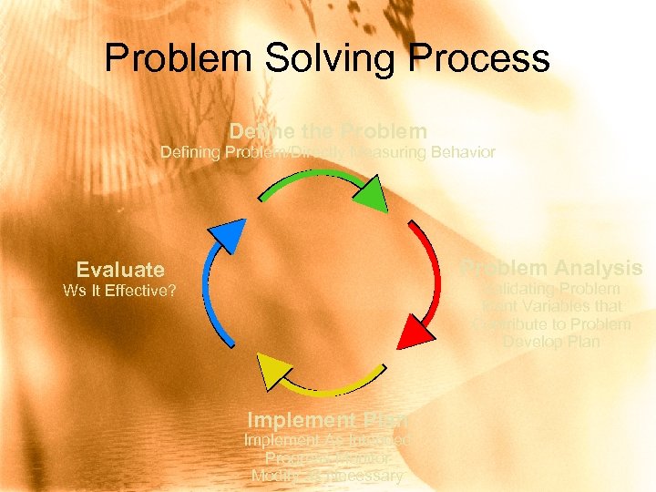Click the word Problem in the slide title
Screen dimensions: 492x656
click(178, 57)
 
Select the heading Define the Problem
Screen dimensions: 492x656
click(328, 131)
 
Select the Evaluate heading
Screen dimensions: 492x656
click(120, 270)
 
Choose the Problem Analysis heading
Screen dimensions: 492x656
click(552, 268)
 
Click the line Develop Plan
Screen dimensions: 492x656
click(551, 342)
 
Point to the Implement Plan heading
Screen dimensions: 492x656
click(326, 420)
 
